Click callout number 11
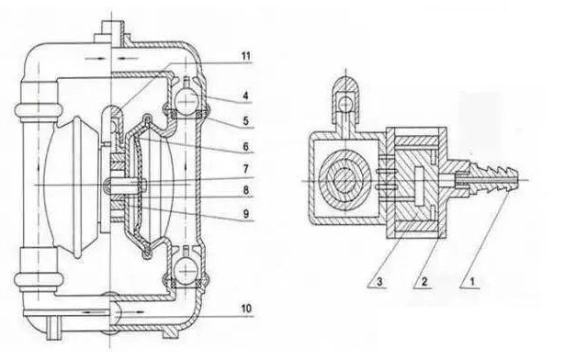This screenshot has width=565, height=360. [246, 56]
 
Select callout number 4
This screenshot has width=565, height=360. [245, 96]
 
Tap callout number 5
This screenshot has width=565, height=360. [245, 120]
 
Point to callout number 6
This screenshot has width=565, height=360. [245, 146]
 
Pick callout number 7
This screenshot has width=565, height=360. [245, 169]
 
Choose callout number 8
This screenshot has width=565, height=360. [245, 190]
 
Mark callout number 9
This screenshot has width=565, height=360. [245, 214]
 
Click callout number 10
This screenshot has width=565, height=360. [246, 309]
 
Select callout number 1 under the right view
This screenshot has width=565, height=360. [472, 281]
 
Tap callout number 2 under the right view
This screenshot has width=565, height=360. [424, 281]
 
